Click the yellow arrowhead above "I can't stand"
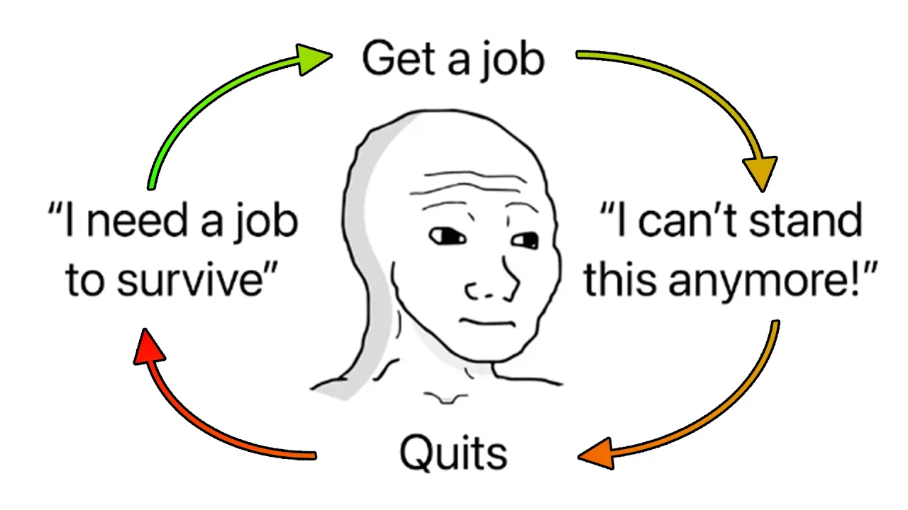click(x=760, y=173)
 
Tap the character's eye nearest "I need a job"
click(x=446, y=234)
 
